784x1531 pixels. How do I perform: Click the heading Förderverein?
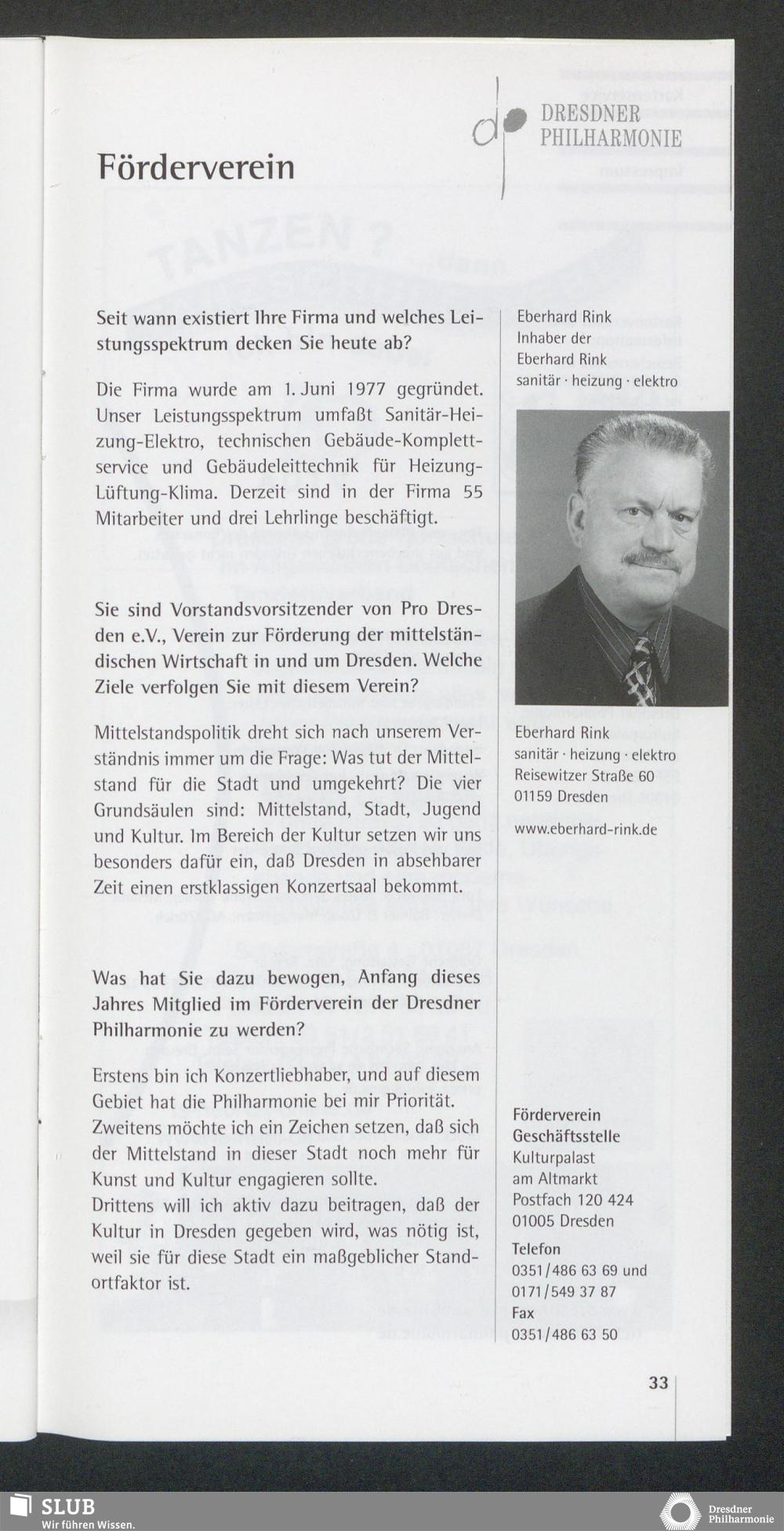[x=196, y=167]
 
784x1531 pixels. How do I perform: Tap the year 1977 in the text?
[x=368, y=389]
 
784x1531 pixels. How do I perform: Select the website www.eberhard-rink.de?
[x=586, y=829]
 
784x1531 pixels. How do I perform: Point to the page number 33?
[x=659, y=1383]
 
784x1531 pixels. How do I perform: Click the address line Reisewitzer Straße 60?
[x=584, y=776]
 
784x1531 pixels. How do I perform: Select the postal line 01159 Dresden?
[x=561, y=797]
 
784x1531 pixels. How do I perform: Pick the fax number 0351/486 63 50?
[x=564, y=1335]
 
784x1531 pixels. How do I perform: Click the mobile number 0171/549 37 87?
[x=564, y=1292]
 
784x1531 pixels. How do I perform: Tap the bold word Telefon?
[x=536, y=1249]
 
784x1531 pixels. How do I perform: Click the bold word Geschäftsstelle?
[x=566, y=1136]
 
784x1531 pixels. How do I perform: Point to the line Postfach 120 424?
[x=572, y=1200]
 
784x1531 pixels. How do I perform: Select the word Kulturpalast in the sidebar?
[x=554, y=1158]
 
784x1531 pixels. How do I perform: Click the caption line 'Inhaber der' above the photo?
[x=554, y=338]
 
